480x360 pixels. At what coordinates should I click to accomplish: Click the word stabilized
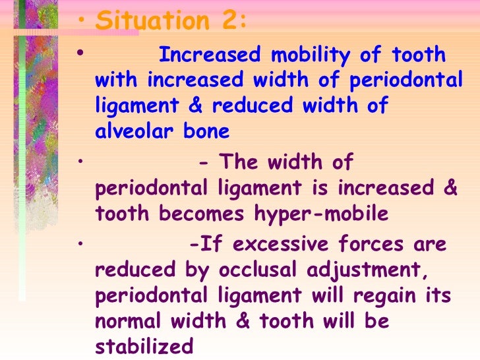[x=144, y=346]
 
